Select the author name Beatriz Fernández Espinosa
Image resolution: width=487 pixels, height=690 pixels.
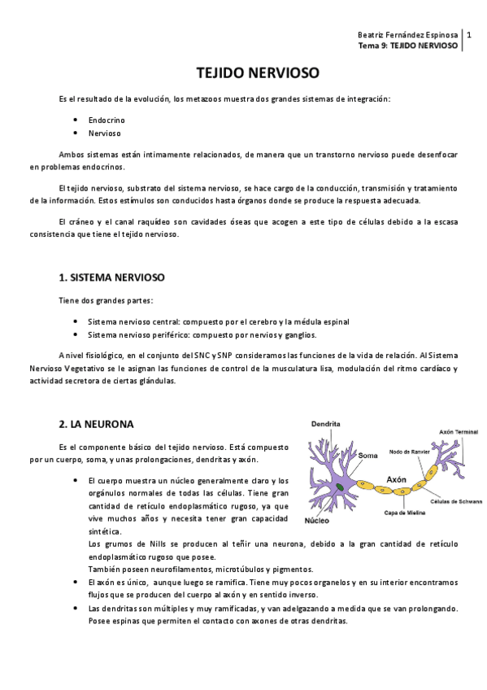coord(408,36)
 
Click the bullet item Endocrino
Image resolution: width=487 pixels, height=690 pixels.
coord(107,120)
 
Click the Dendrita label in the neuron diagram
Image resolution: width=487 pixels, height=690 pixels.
coord(325,424)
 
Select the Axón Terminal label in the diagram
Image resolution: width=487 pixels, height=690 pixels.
coord(459,432)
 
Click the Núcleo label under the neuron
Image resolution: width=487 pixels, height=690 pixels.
coord(318,520)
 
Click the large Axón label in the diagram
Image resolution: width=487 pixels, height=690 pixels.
coord(397,479)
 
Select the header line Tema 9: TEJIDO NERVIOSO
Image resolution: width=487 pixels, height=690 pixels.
coord(408,46)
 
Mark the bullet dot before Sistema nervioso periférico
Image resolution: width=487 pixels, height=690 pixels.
coord(75,334)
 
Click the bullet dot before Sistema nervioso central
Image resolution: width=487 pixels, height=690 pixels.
coord(75,321)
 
